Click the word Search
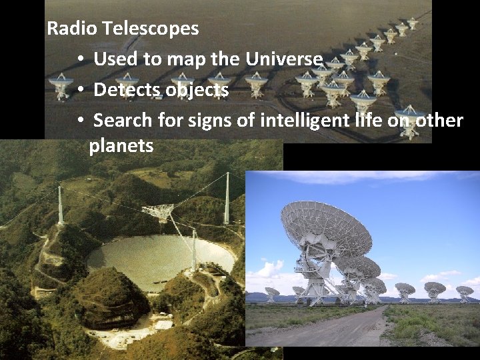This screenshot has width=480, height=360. (x=123, y=121)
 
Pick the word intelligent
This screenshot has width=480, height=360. (x=299, y=121)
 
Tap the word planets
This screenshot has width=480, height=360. (x=121, y=146)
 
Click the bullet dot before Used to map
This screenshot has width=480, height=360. (x=79, y=59)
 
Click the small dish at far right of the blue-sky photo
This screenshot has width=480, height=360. (x=464, y=291)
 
